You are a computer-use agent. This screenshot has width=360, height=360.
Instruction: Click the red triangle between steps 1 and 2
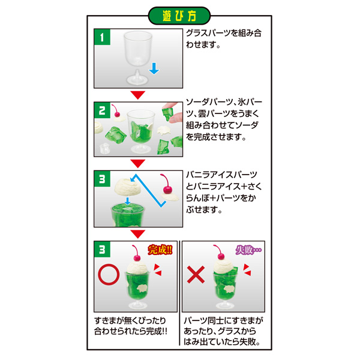(138, 94)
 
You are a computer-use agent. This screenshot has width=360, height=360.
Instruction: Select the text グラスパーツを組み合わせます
(223, 41)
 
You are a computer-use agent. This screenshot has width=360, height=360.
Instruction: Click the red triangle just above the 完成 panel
(138, 234)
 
